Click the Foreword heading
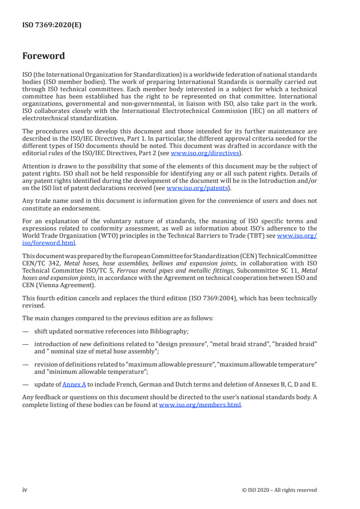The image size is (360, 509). pyautogui.click(x=44, y=56)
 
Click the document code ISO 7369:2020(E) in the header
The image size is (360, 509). pyautogui.click(x=52, y=25)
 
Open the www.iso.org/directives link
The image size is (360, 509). pyautogui.click(x=205, y=153)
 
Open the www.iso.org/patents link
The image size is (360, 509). pyautogui.click(x=198, y=188)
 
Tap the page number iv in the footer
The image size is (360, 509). pyautogui.click(x=25, y=489)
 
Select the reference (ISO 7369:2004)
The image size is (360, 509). pyautogui.click(x=223, y=298)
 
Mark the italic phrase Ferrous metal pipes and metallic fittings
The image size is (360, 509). pyautogui.click(x=165, y=271)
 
